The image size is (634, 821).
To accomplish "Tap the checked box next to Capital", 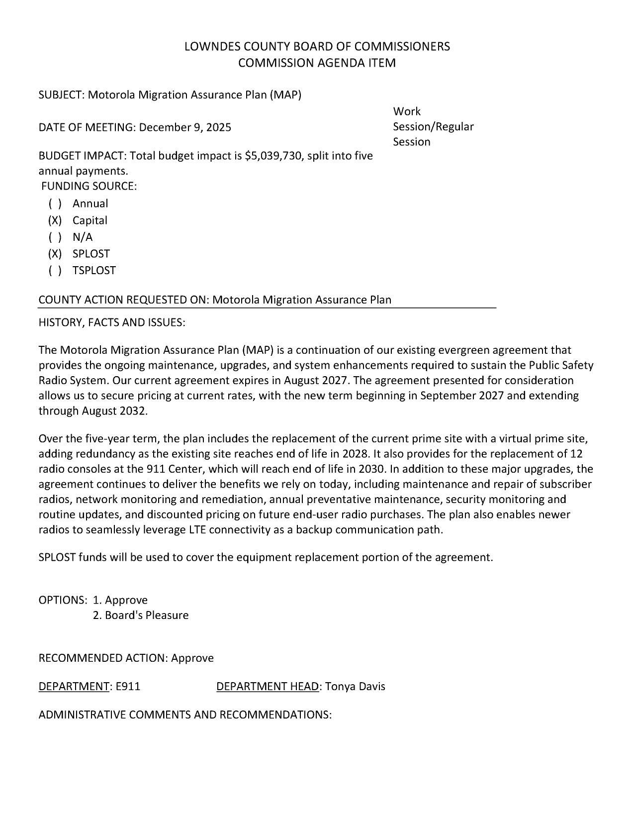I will (x=55, y=220).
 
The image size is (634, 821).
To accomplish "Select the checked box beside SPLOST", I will (x=55, y=254).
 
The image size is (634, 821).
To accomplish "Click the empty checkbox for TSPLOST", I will (x=55, y=271).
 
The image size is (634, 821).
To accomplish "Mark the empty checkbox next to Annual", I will (x=55, y=204).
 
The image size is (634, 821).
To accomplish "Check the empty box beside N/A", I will (x=55, y=237).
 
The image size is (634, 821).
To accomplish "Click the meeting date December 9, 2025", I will (x=185, y=127).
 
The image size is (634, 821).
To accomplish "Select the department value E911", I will (x=128, y=687).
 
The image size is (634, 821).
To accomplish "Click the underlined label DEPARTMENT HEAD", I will (x=267, y=687).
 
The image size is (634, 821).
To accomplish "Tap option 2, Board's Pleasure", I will (x=141, y=616).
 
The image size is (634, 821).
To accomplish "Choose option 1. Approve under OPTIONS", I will (x=120, y=600).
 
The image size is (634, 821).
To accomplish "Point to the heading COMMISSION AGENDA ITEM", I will (x=317, y=63).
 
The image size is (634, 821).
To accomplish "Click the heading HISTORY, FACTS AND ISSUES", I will (x=112, y=322).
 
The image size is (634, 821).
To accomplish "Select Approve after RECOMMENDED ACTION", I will (x=192, y=658).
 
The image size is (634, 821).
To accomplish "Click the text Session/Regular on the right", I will (x=433, y=127).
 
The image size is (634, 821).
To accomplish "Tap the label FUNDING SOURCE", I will (x=89, y=187).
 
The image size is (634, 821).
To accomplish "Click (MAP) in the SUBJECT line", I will (x=285, y=95).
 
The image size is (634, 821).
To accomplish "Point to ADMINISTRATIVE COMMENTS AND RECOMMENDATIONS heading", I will (x=185, y=715).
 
